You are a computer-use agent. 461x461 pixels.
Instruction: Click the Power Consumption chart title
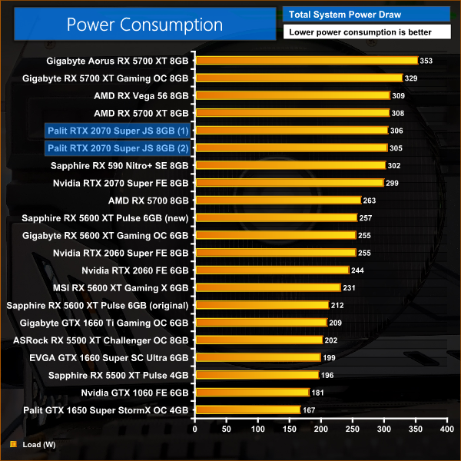144,24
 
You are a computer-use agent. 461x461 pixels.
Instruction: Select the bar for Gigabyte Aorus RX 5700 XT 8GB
306,61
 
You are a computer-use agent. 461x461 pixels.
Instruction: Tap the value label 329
413,78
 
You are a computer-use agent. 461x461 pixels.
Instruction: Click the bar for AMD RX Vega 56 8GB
293,95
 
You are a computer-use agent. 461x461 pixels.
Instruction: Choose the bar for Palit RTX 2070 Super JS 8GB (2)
290,148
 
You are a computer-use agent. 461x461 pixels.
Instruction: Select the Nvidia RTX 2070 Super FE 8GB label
121,183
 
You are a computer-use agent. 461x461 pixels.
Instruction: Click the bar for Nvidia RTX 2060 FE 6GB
272,270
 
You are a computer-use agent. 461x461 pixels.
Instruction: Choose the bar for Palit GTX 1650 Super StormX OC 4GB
247,410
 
